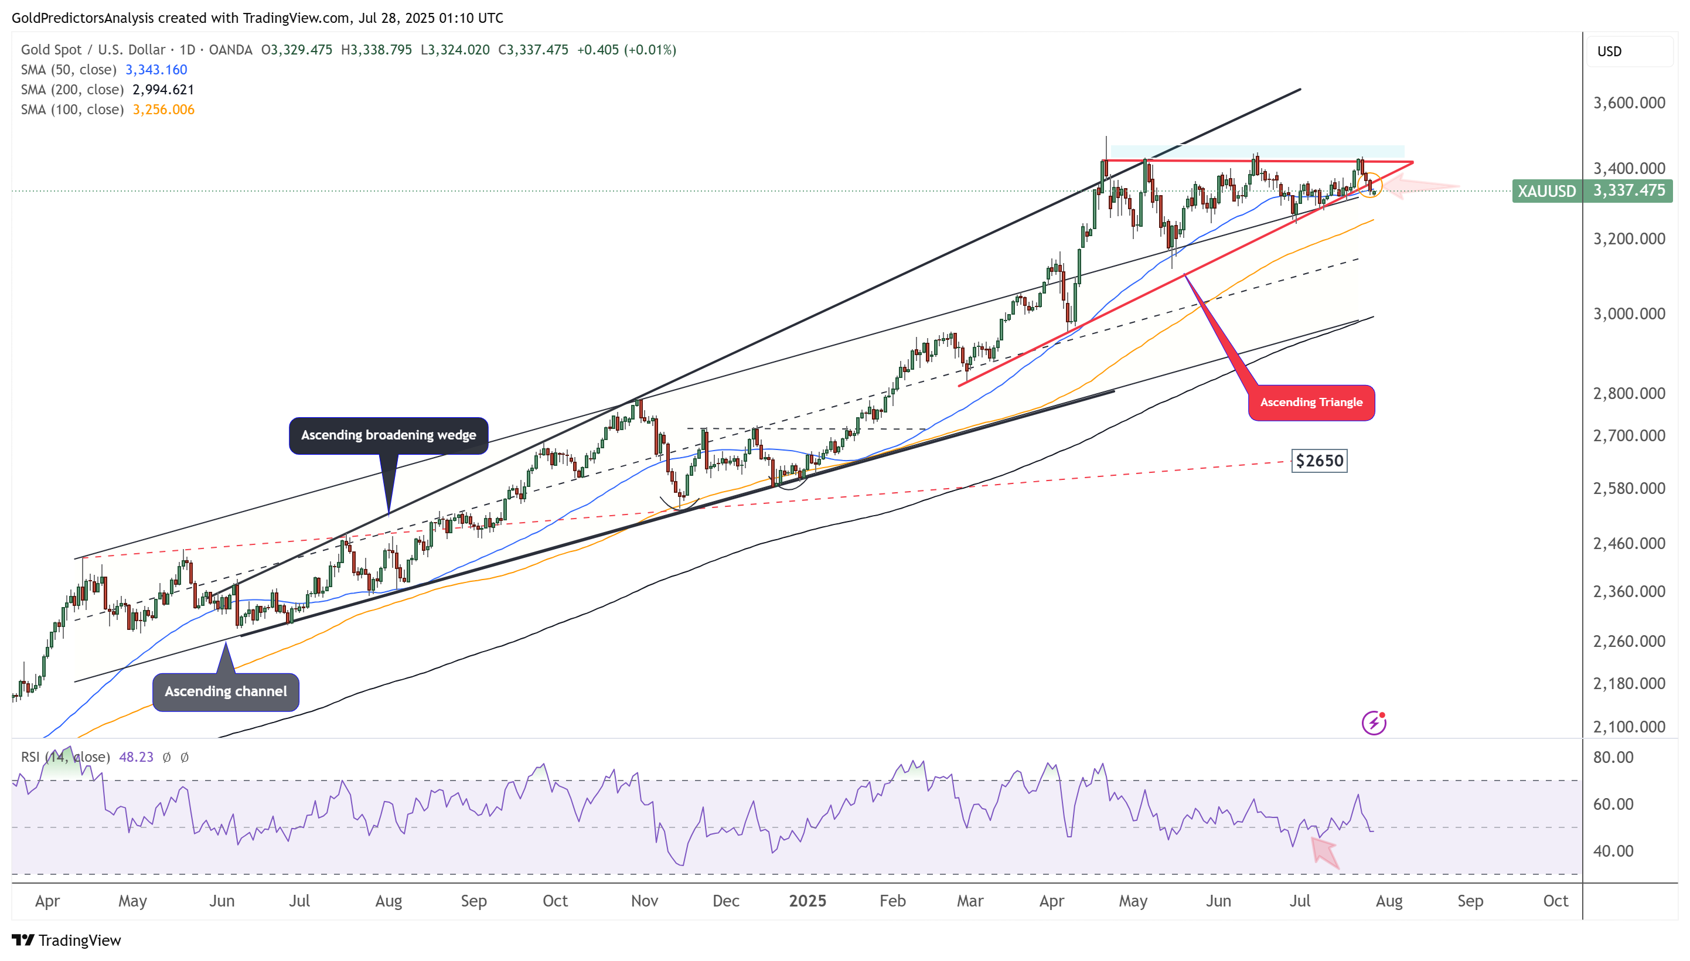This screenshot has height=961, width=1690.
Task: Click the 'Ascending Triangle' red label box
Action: (x=1310, y=402)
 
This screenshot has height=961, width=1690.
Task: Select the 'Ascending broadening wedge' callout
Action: (x=388, y=435)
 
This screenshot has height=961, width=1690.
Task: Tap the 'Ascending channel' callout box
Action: (x=226, y=691)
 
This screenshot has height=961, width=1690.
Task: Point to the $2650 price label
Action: (x=1319, y=461)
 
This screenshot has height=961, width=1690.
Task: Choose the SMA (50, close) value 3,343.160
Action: (x=156, y=69)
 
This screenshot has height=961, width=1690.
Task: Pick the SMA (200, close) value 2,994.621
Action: (x=163, y=89)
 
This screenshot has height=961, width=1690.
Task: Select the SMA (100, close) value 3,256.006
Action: (x=163, y=109)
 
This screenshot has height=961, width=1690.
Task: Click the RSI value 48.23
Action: (x=136, y=757)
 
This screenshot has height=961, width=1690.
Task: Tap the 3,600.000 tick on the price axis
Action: (x=1628, y=103)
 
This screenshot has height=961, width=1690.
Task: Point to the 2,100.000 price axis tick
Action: (x=1628, y=727)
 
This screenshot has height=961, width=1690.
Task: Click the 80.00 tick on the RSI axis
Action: (x=1613, y=757)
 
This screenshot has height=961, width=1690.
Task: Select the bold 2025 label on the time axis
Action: (x=807, y=901)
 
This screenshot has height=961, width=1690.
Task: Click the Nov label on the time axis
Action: (x=644, y=901)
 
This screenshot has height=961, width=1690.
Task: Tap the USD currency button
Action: (x=1610, y=52)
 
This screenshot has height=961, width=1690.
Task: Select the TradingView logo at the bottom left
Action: (x=67, y=940)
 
